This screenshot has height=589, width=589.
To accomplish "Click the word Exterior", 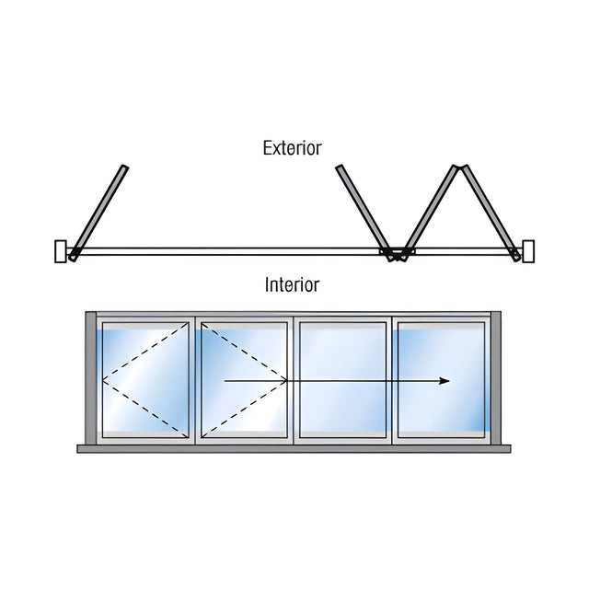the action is click(293, 148).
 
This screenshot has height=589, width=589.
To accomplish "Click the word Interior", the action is click(293, 284).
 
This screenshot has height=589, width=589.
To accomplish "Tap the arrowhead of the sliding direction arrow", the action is click(445, 381).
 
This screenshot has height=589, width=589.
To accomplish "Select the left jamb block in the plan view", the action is click(61, 251).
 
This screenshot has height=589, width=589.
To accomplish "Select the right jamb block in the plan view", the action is click(528, 251).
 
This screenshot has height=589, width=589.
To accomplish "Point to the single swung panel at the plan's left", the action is click(98, 213).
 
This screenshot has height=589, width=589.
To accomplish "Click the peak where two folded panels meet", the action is click(460, 167).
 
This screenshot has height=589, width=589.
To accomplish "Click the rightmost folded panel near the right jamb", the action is click(491, 213).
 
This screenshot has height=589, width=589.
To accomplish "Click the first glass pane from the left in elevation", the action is click(145, 380).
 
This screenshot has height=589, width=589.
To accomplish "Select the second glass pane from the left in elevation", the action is click(244, 380).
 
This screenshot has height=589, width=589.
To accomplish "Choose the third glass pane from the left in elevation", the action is click(343, 380).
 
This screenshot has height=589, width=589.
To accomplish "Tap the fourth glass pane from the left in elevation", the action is click(442, 380).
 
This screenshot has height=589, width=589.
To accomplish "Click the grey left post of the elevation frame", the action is click(91, 378).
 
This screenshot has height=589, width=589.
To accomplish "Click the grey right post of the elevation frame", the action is click(496, 378).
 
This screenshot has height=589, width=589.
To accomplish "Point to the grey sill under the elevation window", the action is click(294, 449).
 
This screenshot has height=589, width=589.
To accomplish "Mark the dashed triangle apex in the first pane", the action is click(103, 380).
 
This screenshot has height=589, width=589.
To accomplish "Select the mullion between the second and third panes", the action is click(294, 380).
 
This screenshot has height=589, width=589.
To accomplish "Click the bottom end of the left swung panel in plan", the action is click(72, 258).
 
